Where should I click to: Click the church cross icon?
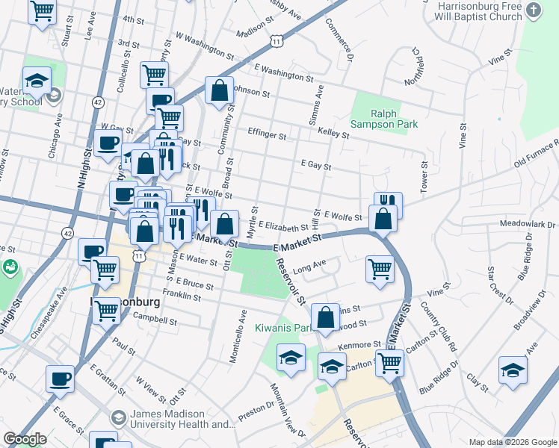pyautogui.click(x=534, y=10)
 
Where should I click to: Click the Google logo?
pyautogui.click(x=25, y=439)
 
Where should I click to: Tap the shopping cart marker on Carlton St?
pyautogui.click(x=389, y=363)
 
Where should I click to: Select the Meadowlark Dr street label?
pyautogui.click(x=530, y=224)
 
